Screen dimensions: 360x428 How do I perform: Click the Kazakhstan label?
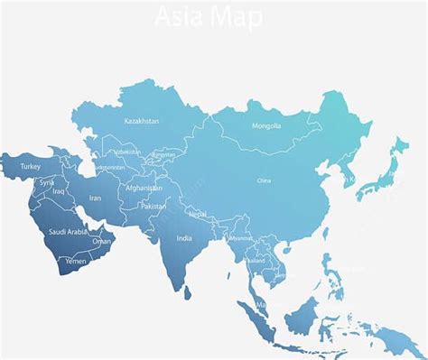tap(142, 121)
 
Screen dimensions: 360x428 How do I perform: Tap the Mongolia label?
tap(266, 125)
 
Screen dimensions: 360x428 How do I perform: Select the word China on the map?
tap(264, 180)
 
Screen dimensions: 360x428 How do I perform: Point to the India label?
tap(184, 238)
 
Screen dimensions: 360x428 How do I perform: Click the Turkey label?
tap(31, 167)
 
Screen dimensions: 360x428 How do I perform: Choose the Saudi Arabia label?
tap(68, 232)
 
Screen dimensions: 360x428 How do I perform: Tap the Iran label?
tap(95, 198)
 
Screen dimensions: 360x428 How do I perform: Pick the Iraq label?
tap(59, 191)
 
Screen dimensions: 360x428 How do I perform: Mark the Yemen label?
tap(76, 261)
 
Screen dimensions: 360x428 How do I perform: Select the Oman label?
tap(102, 241)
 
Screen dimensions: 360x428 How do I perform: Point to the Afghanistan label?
tap(144, 189)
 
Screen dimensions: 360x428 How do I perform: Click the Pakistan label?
tap(154, 206)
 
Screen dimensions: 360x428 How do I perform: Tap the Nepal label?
tap(198, 214)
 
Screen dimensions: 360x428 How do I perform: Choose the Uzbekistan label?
tap(127, 152)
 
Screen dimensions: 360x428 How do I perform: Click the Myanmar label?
tap(240, 238)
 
